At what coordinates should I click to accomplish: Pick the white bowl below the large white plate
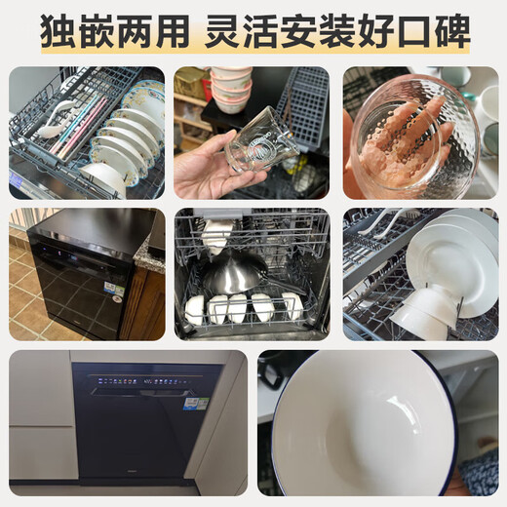coord(421,316)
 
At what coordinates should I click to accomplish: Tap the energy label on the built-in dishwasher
coord(196,403)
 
